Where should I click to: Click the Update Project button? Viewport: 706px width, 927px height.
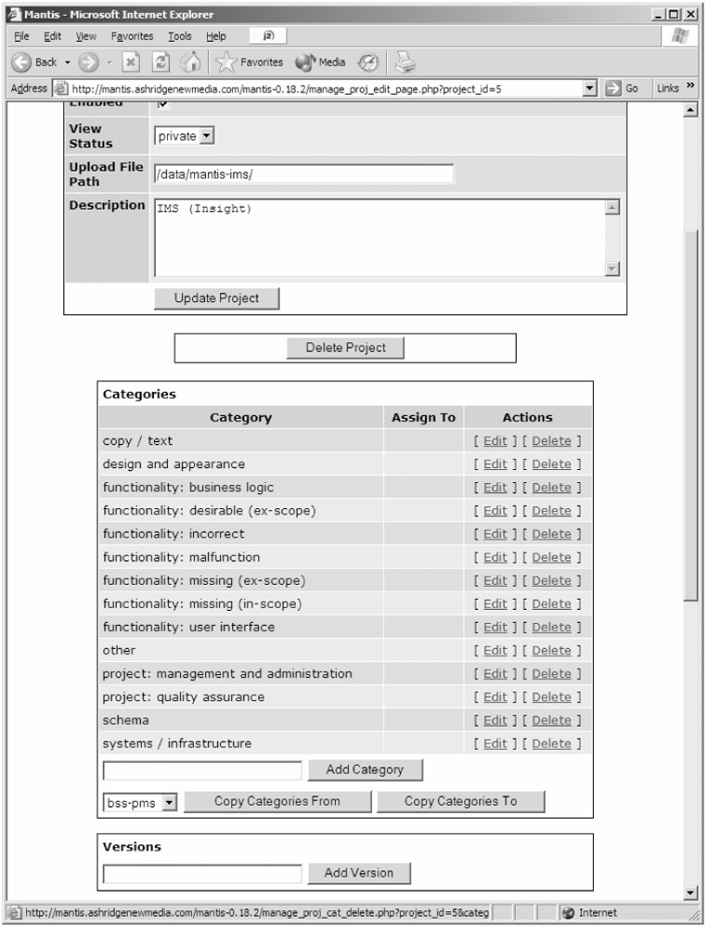click(x=216, y=298)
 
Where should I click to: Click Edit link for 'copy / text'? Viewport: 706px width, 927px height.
click(x=495, y=441)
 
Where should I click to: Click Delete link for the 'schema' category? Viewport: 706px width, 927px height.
click(x=552, y=720)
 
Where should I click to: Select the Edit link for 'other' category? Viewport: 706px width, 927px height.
click(x=495, y=651)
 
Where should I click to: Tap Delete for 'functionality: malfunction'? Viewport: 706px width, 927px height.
click(x=552, y=557)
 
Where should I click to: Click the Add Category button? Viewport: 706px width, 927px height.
click(x=365, y=769)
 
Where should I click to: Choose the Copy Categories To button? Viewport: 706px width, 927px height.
click(x=460, y=802)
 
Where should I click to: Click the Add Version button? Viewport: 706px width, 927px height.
click(x=358, y=873)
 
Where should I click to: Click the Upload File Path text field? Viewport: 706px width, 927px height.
click(x=304, y=173)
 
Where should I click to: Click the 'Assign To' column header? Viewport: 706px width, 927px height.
click(x=423, y=417)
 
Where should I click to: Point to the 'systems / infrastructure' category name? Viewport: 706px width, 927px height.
click(x=176, y=743)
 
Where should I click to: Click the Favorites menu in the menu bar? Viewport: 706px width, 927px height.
click(x=132, y=36)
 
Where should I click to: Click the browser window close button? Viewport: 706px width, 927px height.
click(x=690, y=14)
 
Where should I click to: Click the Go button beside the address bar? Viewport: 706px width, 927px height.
click(x=623, y=88)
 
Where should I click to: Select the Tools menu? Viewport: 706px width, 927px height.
click(x=180, y=36)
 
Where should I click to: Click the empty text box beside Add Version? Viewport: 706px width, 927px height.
click(x=202, y=873)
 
